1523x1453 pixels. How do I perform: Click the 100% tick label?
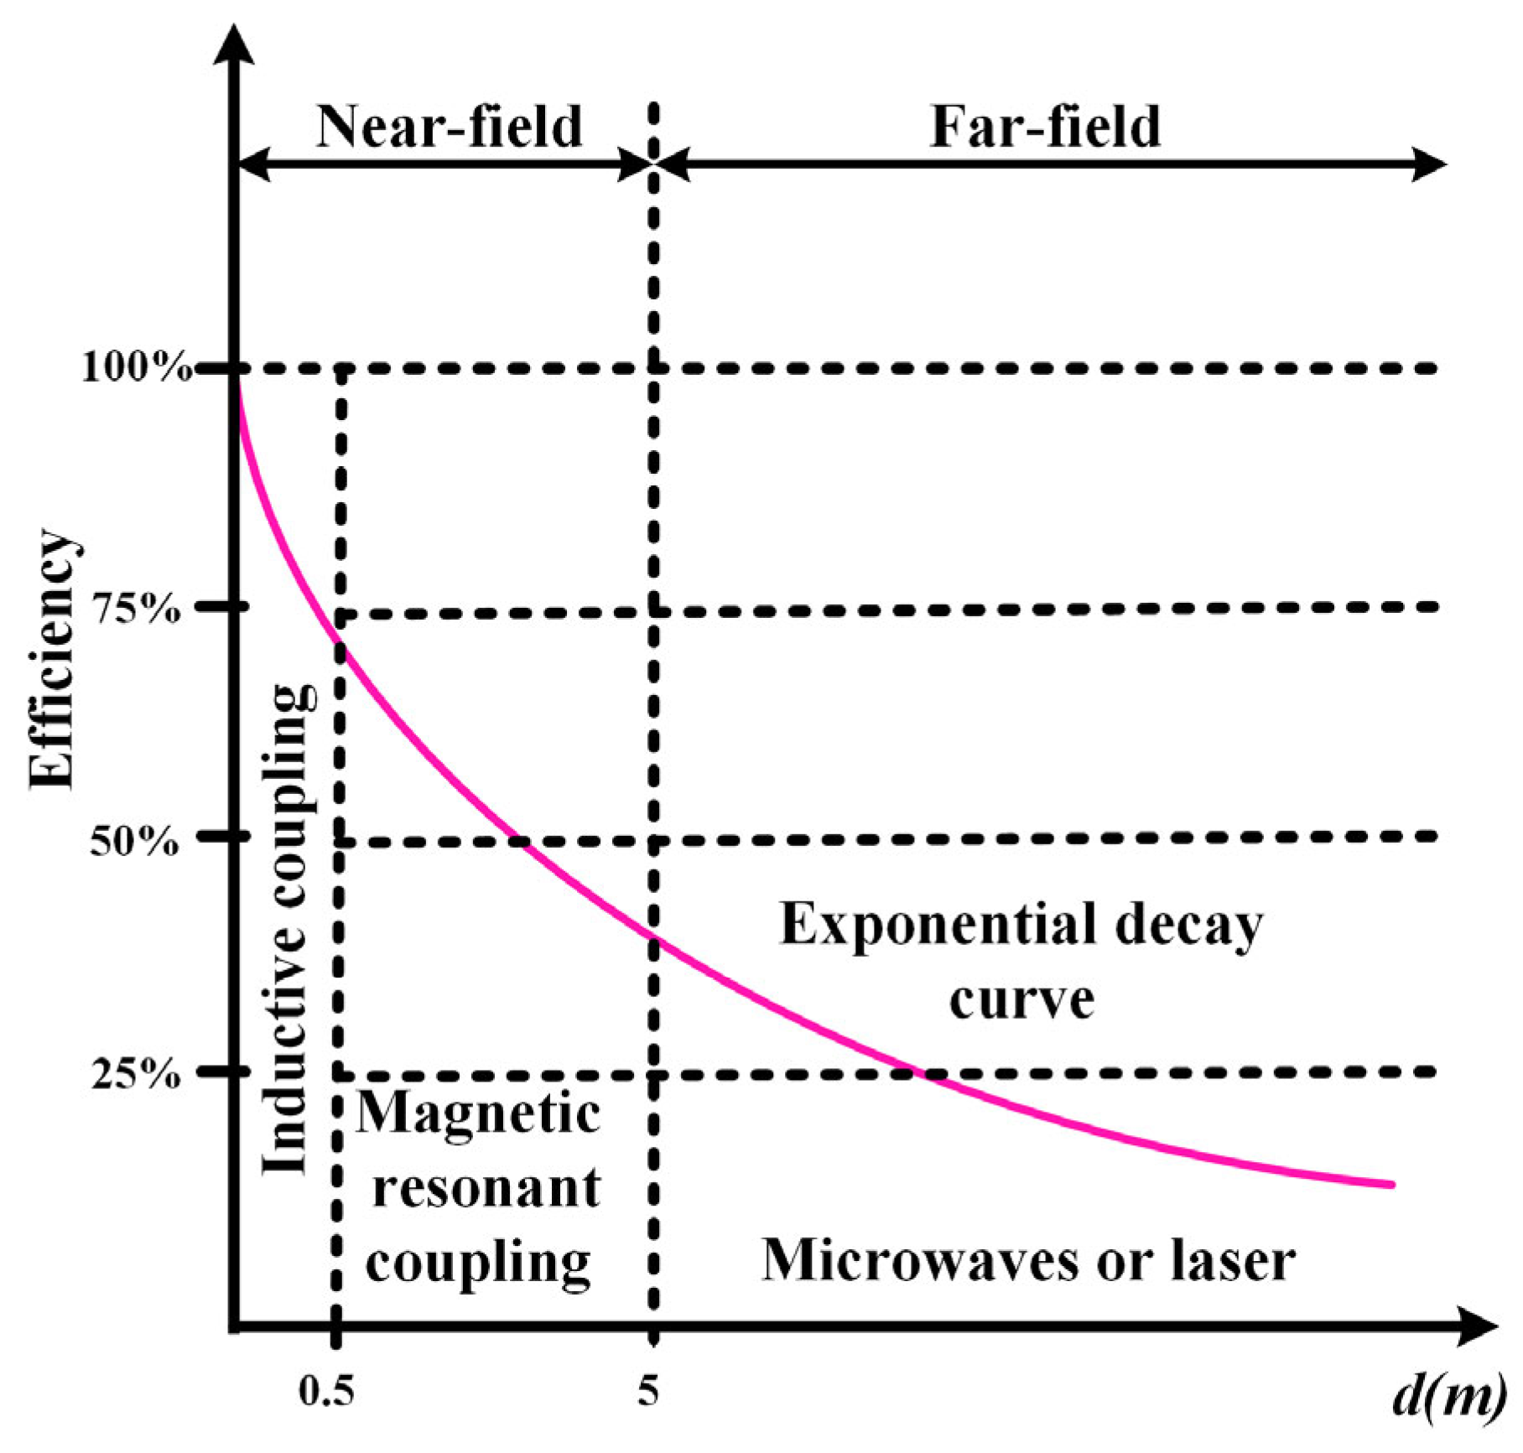[134, 368]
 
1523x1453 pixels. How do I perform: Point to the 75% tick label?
[135, 609]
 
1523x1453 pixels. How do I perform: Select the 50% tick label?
[134, 841]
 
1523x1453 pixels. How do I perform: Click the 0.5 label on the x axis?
[327, 1393]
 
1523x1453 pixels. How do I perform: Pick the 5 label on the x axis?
[647, 1393]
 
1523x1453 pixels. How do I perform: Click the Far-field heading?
[1045, 127]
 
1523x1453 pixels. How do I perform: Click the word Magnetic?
[479, 1114]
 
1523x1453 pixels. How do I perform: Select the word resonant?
[486, 1188]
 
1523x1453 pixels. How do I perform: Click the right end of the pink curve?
[1392, 1185]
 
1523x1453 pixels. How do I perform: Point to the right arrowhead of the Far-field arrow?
[1430, 163]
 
